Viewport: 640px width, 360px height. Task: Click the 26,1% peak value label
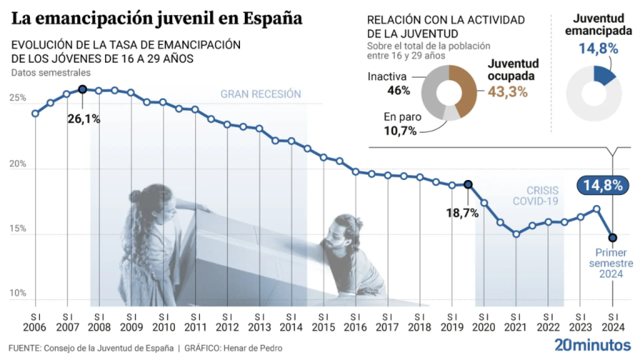click(84, 118)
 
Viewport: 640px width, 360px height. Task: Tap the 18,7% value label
click(462, 213)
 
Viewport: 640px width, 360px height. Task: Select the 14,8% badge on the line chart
click(602, 185)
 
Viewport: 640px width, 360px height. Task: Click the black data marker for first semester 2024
click(612, 237)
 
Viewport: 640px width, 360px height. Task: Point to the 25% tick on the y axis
click(17, 99)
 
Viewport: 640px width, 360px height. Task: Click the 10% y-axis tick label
click(17, 293)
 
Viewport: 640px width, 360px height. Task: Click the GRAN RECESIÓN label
click(261, 94)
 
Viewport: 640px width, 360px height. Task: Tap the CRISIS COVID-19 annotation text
click(535, 196)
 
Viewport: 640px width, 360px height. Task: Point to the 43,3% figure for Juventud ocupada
click(507, 91)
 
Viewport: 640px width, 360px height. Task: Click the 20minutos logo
click(592, 344)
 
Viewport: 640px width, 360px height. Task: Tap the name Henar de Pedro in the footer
click(259, 347)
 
